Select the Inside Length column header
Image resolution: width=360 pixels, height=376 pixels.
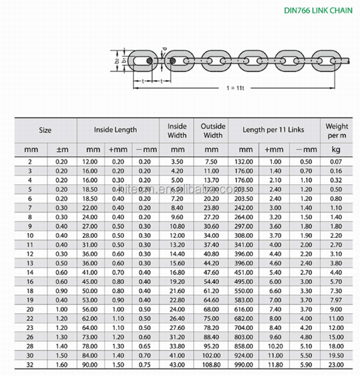115,130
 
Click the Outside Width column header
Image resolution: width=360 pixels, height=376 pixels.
212,130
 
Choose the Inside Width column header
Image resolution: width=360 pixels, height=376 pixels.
177,130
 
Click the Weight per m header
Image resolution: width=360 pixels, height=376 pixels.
337,130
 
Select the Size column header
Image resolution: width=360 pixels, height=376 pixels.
45,130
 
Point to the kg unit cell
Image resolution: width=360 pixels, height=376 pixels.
337,150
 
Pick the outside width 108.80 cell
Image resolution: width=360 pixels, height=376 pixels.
212,365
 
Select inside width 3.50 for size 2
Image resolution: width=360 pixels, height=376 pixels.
177,162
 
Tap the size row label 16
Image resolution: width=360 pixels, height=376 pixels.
29,282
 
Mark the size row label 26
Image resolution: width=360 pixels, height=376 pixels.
29,337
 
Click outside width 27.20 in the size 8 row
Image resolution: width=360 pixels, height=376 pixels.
212,217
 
